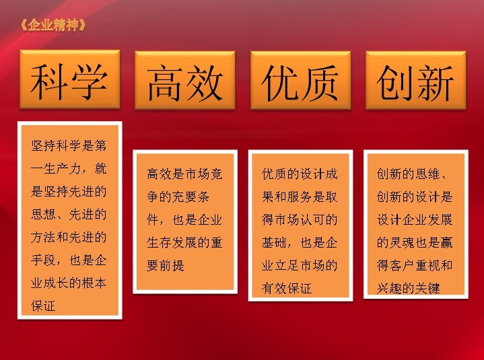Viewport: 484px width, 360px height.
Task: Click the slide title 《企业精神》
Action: coord(53,25)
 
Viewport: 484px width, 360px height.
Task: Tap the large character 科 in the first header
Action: coord(49,81)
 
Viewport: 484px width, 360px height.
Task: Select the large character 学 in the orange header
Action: coord(90,81)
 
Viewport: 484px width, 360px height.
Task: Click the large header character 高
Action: coord(165,83)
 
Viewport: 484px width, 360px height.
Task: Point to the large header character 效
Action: coord(204,83)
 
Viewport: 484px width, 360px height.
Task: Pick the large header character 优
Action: coord(281,83)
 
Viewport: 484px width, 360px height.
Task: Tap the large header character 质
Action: coord(320,83)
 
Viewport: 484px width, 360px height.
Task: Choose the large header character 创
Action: coord(395,83)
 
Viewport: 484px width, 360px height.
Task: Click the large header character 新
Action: coord(435,83)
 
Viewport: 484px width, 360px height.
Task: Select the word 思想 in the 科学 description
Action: coord(43,215)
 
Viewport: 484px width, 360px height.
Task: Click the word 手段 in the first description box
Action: coord(43,260)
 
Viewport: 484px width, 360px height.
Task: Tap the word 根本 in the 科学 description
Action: coord(94,283)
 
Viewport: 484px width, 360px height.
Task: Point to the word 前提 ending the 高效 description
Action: coord(172,266)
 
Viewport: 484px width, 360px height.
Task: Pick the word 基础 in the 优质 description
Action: coord(274,243)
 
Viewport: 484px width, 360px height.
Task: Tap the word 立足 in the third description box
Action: coord(287,266)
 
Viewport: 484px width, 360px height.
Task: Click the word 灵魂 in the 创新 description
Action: coord(402,243)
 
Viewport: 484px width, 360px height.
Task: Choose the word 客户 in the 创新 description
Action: coord(402,266)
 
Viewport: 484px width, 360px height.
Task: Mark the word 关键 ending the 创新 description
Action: coord(427,289)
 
